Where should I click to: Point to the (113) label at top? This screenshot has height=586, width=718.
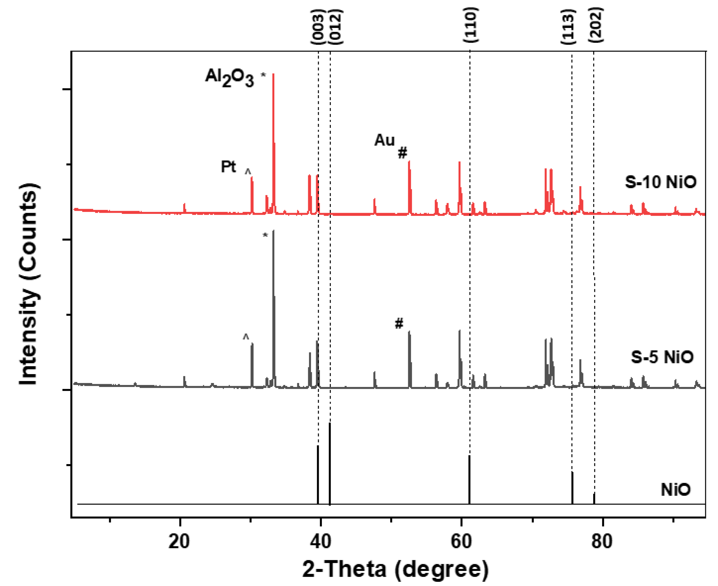(x=568, y=27)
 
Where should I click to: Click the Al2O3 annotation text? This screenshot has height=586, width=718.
(x=230, y=78)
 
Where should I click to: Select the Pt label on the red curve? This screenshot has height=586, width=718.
(x=228, y=166)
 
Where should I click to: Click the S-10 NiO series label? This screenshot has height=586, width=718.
(x=661, y=182)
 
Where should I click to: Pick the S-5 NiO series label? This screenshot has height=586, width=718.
(x=662, y=357)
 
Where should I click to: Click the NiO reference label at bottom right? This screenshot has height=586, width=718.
(x=675, y=490)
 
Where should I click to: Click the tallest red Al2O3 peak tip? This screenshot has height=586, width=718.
(x=273, y=74)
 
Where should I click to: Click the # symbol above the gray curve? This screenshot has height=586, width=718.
(x=399, y=323)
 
